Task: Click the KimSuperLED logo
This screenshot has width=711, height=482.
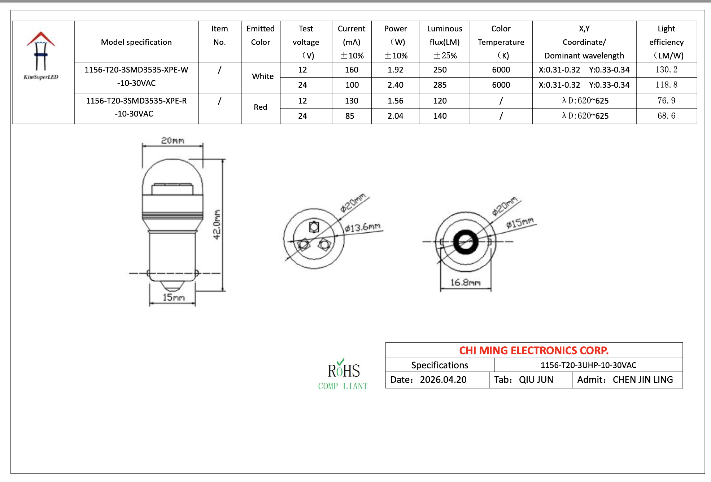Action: [x=41, y=56]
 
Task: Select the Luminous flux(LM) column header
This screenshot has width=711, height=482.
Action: [x=444, y=42]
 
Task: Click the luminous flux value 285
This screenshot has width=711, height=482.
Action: [x=440, y=85]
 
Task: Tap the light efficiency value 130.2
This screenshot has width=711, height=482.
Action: [x=666, y=70]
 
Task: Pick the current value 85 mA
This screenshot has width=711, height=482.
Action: [x=349, y=116]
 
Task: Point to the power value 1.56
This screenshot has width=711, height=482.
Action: [x=395, y=101]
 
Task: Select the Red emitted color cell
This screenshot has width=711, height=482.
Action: [x=260, y=107]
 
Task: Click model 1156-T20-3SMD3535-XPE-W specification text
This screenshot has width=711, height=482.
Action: [x=136, y=76]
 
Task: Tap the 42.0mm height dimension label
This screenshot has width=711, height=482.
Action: [x=216, y=224]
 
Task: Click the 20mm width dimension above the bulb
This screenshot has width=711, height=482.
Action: [x=173, y=140]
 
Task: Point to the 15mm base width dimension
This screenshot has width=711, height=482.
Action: [x=173, y=297]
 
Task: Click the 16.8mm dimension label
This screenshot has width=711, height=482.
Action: [x=465, y=282]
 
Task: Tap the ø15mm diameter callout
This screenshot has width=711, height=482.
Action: [x=519, y=223]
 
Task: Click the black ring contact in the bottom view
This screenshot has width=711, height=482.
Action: [x=466, y=242]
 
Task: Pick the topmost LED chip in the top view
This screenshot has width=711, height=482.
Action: [x=314, y=227]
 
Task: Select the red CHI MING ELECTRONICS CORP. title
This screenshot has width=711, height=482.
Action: [x=533, y=350]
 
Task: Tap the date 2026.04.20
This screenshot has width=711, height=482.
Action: [x=443, y=380]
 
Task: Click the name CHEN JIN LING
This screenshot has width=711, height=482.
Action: [x=642, y=380]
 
